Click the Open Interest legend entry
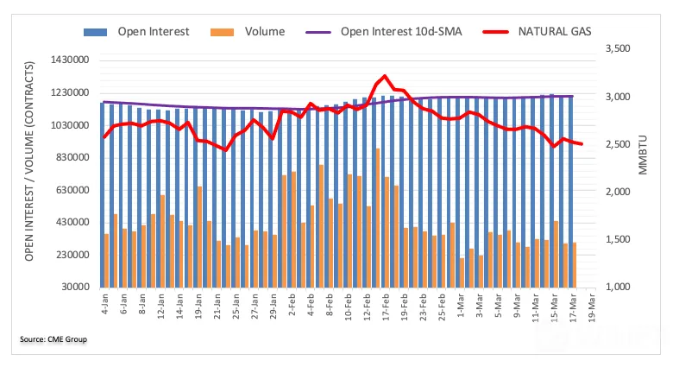[136, 32]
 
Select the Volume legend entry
[248, 32]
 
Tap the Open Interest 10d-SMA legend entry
[384, 32]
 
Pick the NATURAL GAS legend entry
[537, 32]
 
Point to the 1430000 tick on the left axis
[69, 60]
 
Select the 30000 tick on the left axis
[75, 287]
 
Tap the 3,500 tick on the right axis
[618, 48]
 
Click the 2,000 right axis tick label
[618, 192]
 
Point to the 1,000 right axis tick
[618, 287]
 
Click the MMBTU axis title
[643, 155]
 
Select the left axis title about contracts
[29, 161]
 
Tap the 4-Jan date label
[104, 304]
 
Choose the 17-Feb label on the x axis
[386, 307]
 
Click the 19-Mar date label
[592, 307]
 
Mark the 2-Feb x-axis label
[292, 305]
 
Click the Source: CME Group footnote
[53, 339]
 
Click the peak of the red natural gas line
[385, 76]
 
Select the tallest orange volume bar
[378, 218]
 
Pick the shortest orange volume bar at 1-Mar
[462, 273]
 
